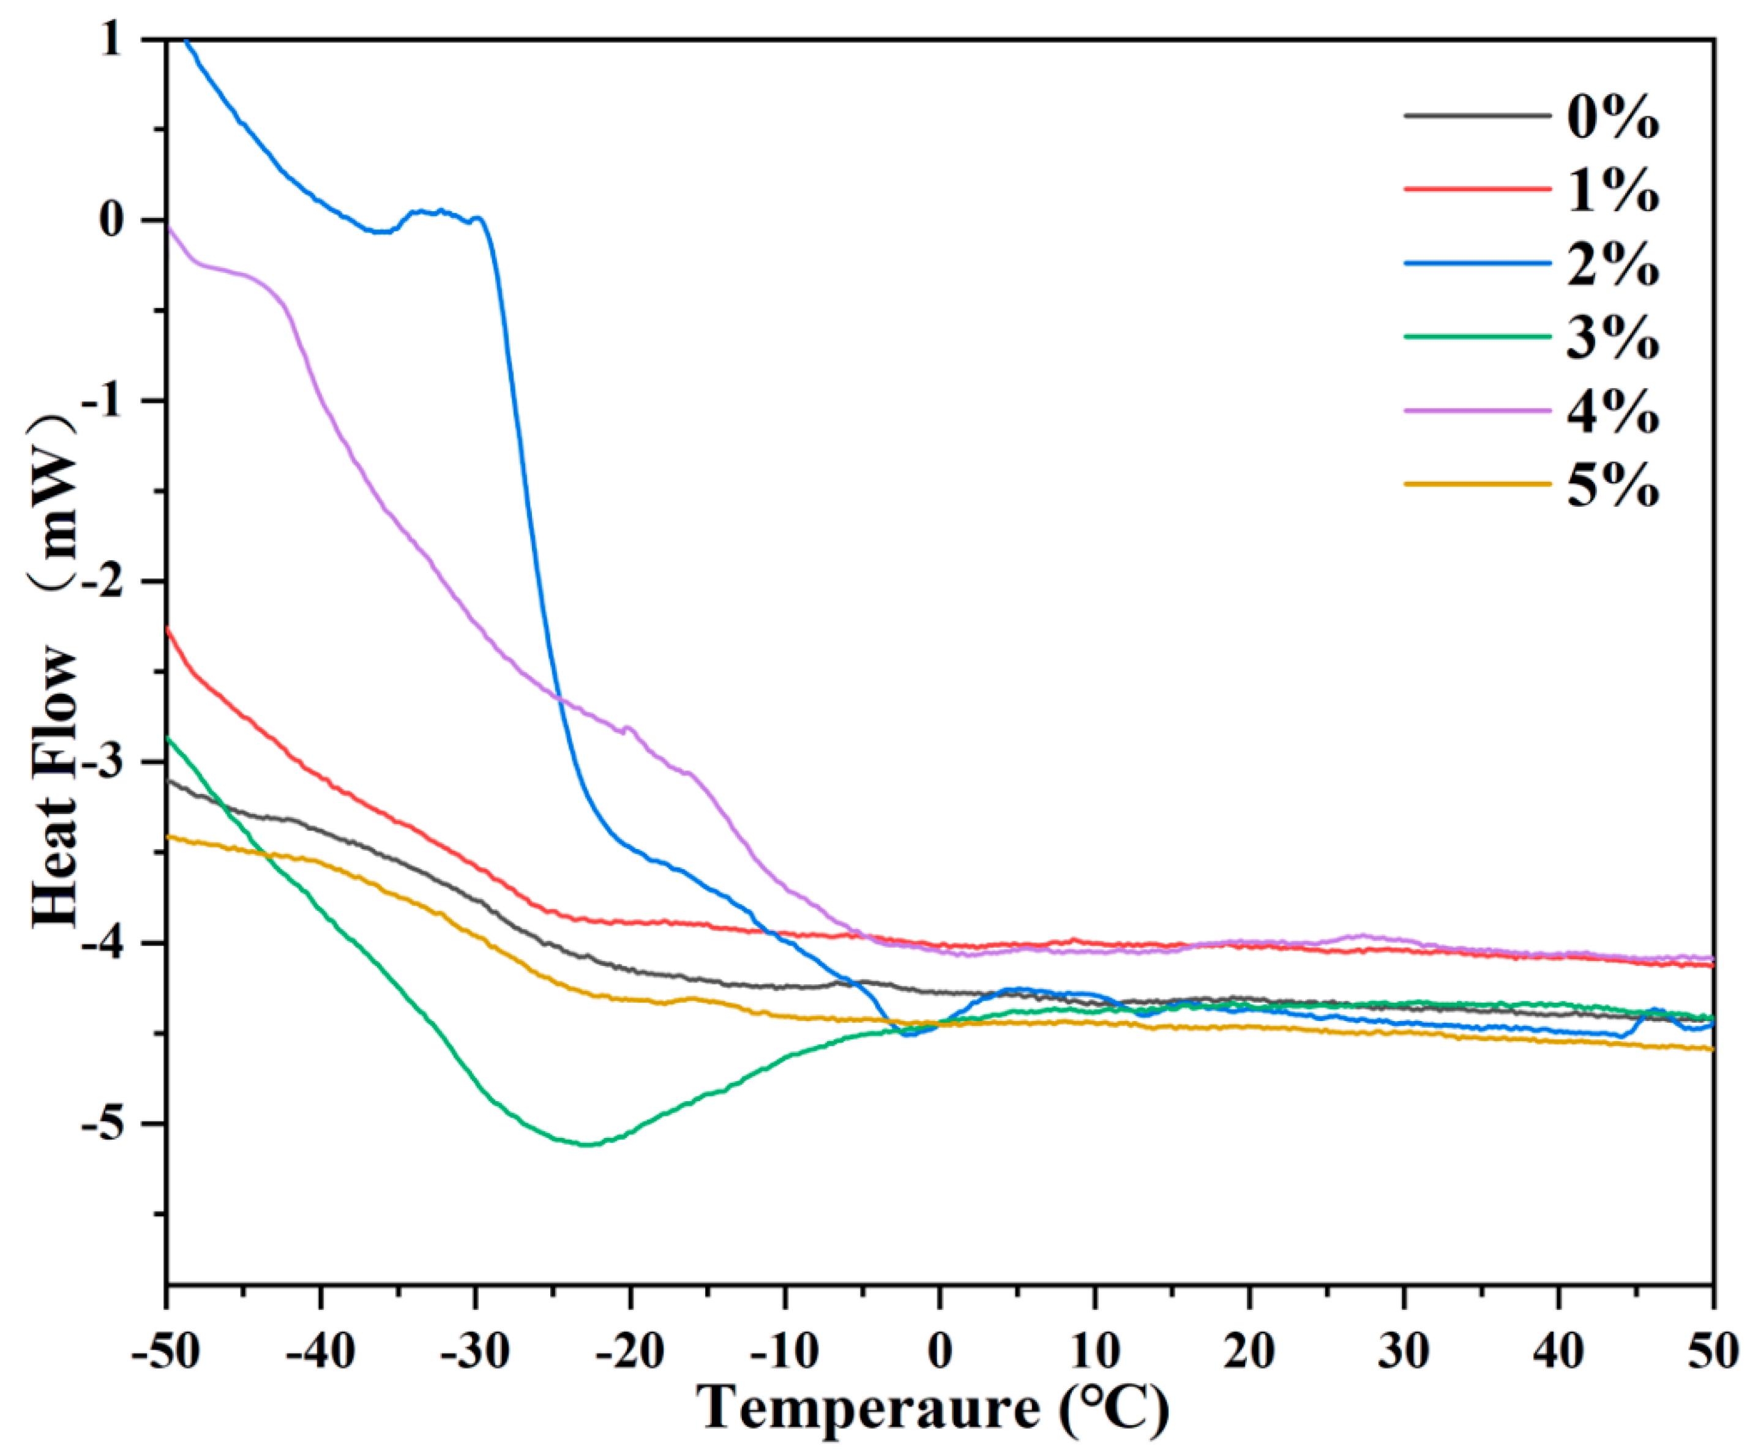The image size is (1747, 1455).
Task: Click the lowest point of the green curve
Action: [x=587, y=1145]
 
